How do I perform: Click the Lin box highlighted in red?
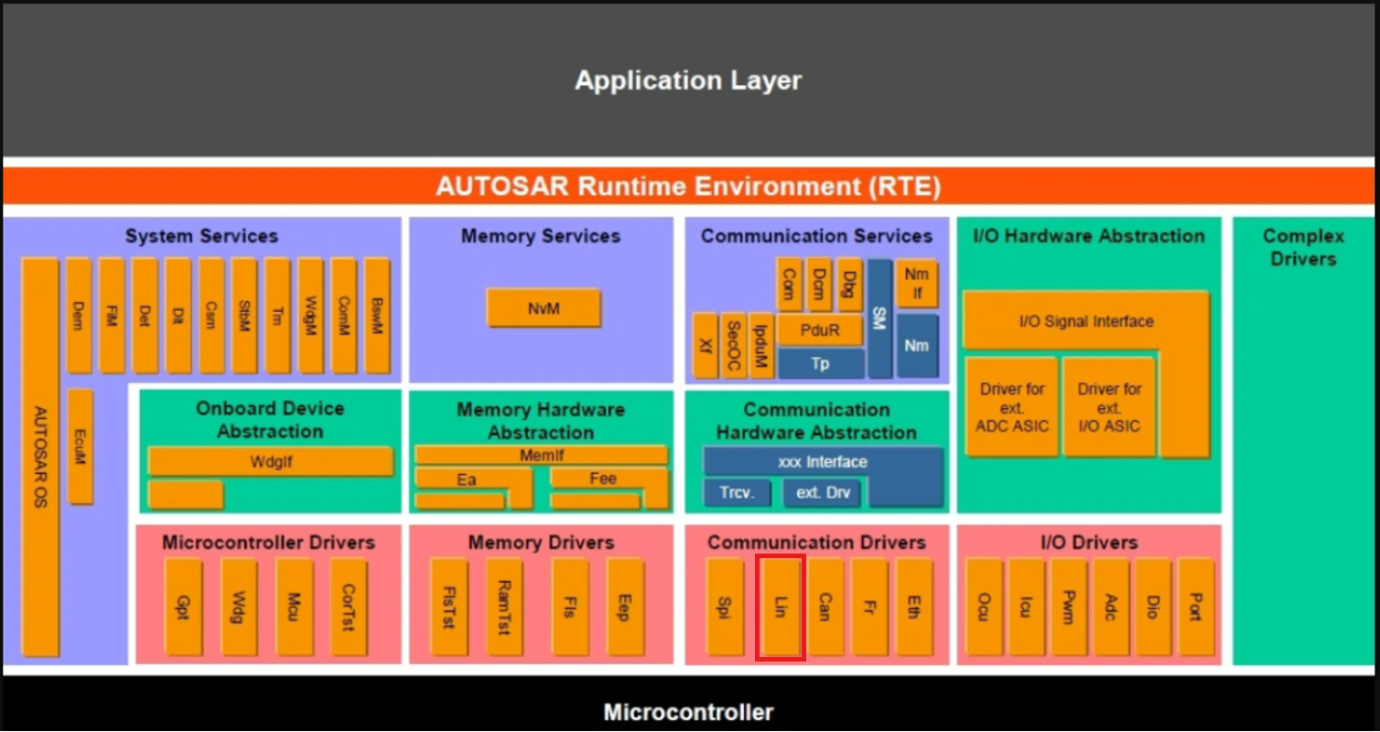[780, 607]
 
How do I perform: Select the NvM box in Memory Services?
[544, 308]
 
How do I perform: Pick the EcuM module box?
[80, 446]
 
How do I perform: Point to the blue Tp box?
[821, 363]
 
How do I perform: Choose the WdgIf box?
[271, 461]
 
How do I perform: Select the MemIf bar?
[541, 454]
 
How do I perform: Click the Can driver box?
[825, 607]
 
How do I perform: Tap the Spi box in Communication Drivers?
[725, 607]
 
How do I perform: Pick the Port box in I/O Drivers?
[1195, 607]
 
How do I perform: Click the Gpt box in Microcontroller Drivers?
[183, 607]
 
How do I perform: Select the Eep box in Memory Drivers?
[624, 607]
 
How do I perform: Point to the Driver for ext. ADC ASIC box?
[1011, 407]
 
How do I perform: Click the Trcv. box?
[737, 493]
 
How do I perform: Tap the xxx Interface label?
[822, 462]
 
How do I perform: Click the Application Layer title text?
[688, 81]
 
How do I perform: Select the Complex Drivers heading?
[1303, 247]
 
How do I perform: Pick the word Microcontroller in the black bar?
[688, 712]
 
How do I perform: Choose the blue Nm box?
[917, 345]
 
